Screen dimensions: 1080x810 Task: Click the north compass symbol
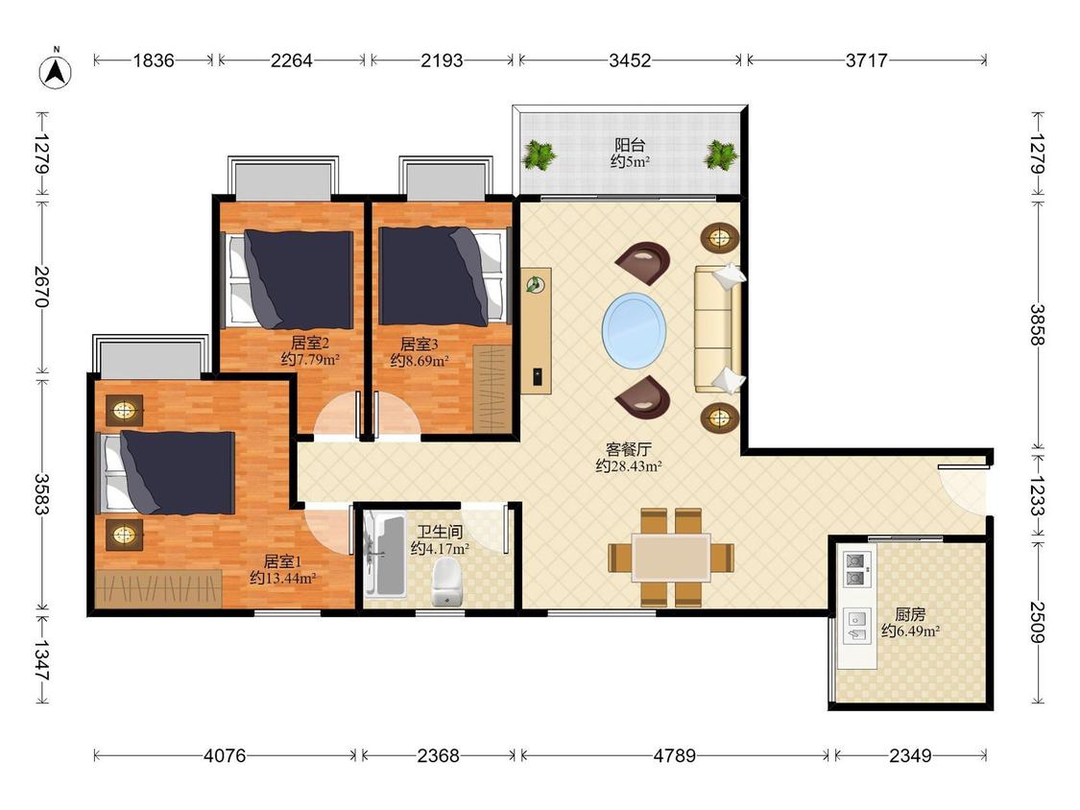55,70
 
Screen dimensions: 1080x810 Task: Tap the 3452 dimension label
630,60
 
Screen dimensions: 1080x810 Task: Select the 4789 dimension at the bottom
674,755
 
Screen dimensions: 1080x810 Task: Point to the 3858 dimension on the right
1038,324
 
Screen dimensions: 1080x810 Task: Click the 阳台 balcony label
630,145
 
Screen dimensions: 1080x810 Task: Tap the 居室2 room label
309,343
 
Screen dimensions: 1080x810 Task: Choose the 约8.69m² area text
420,360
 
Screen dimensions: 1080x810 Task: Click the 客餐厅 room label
628,450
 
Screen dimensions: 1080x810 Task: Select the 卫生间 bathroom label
440,532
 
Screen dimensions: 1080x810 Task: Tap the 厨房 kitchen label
910,613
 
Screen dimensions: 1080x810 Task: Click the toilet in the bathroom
446,582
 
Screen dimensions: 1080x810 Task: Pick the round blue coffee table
634,330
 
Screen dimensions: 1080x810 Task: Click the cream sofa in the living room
718,328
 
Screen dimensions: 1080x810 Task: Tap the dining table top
672,558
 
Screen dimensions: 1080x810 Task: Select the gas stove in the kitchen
856,569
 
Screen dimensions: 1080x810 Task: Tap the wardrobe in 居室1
159,588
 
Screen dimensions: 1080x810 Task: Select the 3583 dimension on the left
40,494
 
